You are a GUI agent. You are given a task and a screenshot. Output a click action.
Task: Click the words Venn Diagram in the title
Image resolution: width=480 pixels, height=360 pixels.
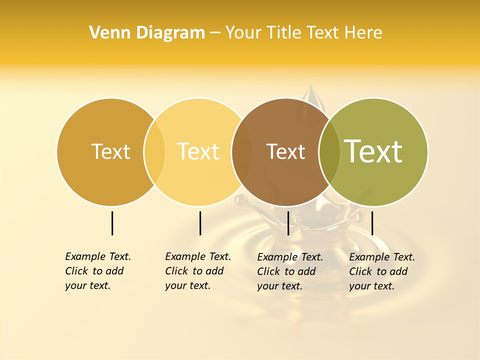[x=147, y=33]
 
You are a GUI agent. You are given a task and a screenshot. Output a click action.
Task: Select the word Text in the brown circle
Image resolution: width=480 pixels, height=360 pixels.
[x=285, y=152]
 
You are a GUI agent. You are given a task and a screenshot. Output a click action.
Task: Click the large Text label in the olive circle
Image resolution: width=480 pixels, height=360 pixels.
[x=373, y=151]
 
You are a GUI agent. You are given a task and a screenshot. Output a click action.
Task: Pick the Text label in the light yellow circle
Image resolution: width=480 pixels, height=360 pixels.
[x=198, y=151]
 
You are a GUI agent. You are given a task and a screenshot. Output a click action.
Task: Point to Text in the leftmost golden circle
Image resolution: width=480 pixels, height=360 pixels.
[x=110, y=151]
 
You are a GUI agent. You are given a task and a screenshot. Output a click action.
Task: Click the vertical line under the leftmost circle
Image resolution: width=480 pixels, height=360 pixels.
[x=112, y=223]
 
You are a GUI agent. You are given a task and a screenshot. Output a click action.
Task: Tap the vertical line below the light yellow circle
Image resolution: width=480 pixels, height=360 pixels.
[x=200, y=223]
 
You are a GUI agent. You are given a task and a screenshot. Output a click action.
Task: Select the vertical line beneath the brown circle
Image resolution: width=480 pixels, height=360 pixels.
[x=288, y=223]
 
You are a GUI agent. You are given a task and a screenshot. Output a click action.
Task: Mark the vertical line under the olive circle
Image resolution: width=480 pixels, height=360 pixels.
[x=372, y=223]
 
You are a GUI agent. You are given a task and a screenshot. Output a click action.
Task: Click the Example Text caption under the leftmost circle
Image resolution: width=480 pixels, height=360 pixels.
[x=97, y=271]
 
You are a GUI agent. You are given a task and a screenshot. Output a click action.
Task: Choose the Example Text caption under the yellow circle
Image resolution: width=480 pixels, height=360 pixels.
[x=197, y=271]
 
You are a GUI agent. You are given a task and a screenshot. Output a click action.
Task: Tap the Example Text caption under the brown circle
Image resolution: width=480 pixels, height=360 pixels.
[x=289, y=271]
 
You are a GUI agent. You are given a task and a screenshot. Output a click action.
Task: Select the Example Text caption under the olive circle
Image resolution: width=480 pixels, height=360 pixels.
[x=381, y=271]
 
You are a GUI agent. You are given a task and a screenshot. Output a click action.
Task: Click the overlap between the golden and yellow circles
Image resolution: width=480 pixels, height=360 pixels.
[x=154, y=152]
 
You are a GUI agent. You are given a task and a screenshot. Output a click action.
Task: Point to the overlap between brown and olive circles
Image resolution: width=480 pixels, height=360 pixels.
[x=329, y=152]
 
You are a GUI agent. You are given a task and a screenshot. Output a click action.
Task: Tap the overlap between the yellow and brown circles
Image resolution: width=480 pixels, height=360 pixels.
[x=242, y=152]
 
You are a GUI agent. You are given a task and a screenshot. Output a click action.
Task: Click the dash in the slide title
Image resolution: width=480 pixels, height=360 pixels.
[x=215, y=33]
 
